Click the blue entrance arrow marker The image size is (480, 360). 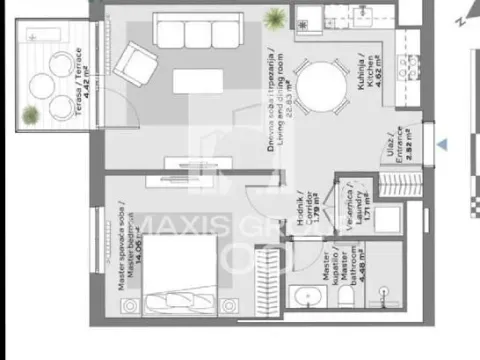pyautogui.click(x=443, y=145)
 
